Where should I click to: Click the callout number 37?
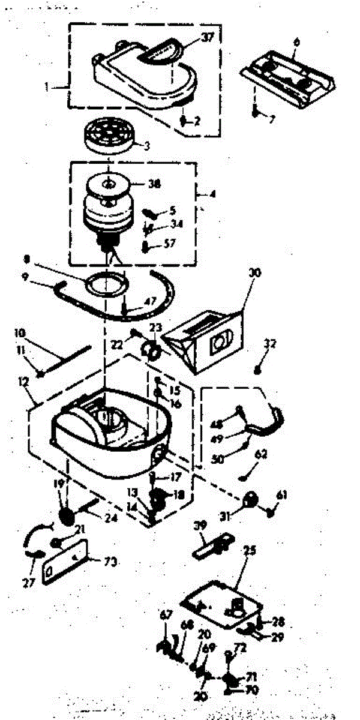pos(208,37)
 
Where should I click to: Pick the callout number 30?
pos(255,273)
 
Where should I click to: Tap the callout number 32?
pos(271,344)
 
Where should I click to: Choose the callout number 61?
pos(282,494)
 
